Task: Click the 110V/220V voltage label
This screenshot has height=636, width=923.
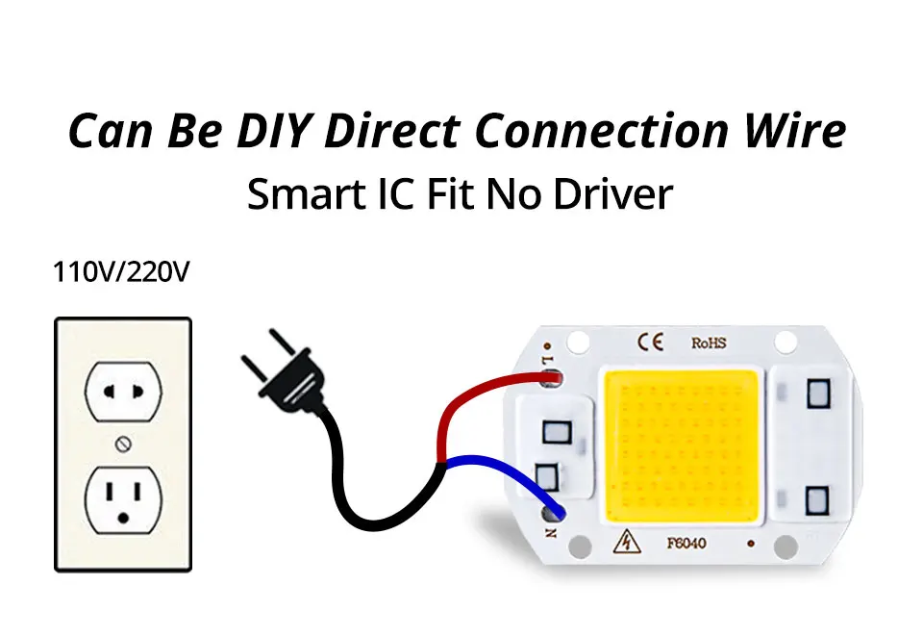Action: (x=121, y=272)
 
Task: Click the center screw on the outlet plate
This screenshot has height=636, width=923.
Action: (x=122, y=444)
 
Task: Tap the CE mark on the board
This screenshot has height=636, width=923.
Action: (x=650, y=343)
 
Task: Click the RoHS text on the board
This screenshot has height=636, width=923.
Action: (x=710, y=343)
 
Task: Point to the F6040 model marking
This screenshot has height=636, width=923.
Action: (x=686, y=544)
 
